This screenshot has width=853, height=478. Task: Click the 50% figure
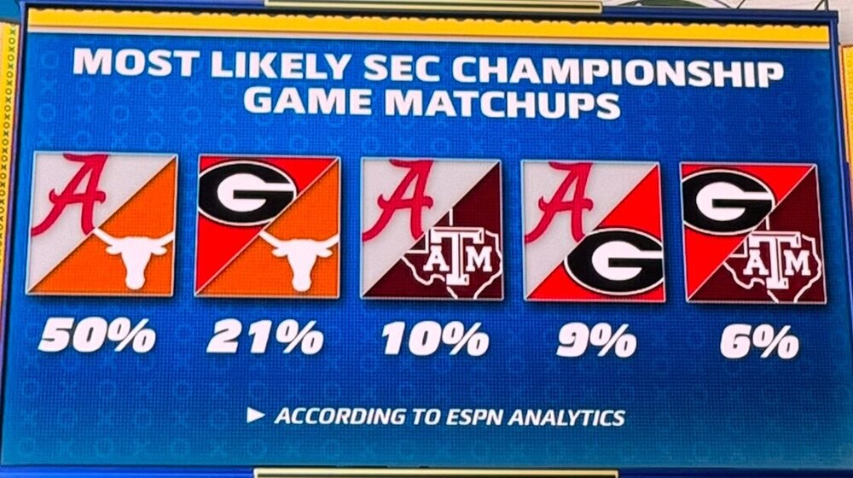(96, 338)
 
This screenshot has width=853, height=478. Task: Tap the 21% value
(264, 338)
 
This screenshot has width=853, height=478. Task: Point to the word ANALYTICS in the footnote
(562, 417)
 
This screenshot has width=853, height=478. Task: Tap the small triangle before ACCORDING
(254, 416)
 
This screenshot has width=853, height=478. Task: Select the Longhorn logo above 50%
(135, 254)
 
